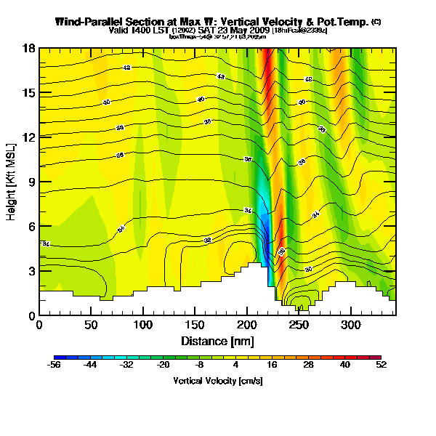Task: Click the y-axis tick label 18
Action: click(29, 49)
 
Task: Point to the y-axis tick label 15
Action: click(29, 93)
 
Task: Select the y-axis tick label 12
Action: click(29, 137)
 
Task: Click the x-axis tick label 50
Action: click(91, 325)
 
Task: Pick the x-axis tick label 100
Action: click(143, 325)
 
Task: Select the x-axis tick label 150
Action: click(195, 325)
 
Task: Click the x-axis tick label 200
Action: click(247, 325)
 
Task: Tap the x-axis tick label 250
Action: click(299, 325)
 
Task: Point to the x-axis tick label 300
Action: click(351, 325)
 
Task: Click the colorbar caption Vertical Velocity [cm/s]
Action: click(217, 381)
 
